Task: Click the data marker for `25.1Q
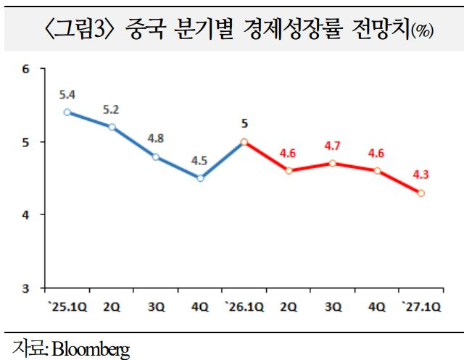[67, 112]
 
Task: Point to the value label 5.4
[67, 94]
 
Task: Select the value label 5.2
[112, 110]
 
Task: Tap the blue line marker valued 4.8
[156, 156]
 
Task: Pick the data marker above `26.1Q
[244, 142]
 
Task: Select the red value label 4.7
[333, 146]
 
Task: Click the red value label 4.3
[421, 175]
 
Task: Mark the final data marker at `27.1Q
[421, 193]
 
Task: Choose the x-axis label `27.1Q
[420, 307]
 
